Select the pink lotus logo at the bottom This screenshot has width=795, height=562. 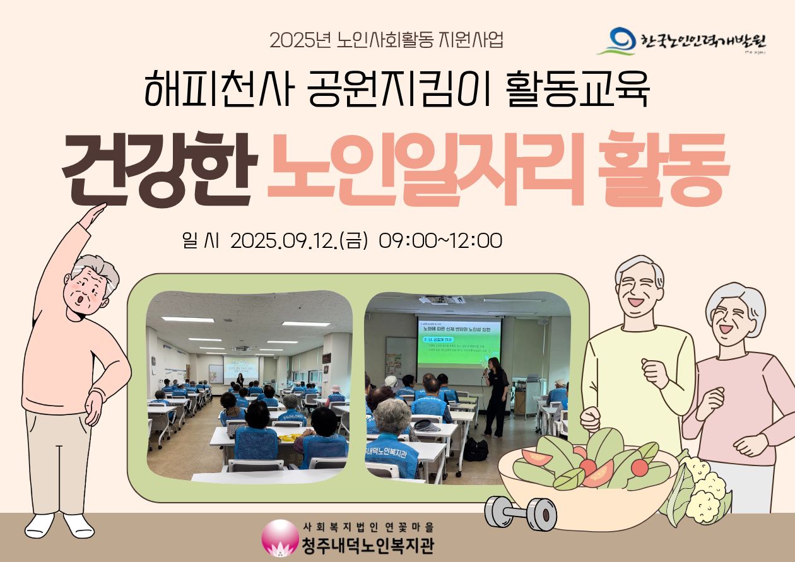pos(278,537)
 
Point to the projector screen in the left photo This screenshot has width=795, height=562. pos(240,369)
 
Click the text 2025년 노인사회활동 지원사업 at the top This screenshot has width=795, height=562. pos(386,40)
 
